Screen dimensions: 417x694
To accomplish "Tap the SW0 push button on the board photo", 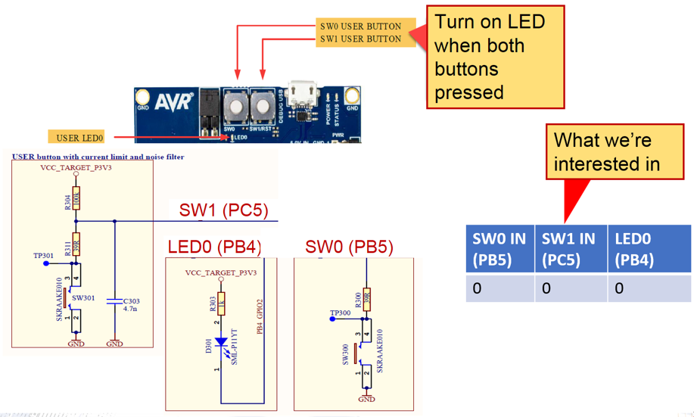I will pyautogui.click(x=236, y=105).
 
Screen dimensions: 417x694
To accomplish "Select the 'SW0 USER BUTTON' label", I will pyautogui.click(x=360, y=26).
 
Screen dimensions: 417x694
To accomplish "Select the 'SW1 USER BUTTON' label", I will pyautogui.click(x=360, y=39).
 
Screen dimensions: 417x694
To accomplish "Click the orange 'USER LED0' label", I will pyautogui.click(x=79, y=138).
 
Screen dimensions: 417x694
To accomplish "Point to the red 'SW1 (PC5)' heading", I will pyautogui.click(x=224, y=210).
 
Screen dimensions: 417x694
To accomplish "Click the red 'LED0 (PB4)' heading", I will pyautogui.click(x=216, y=247).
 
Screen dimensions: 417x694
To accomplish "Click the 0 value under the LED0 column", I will pyautogui.click(x=619, y=288).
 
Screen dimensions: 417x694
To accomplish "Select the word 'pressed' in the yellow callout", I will pyautogui.click(x=469, y=92).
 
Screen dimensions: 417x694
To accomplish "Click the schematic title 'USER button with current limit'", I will pyautogui.click(x=98, y=157).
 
